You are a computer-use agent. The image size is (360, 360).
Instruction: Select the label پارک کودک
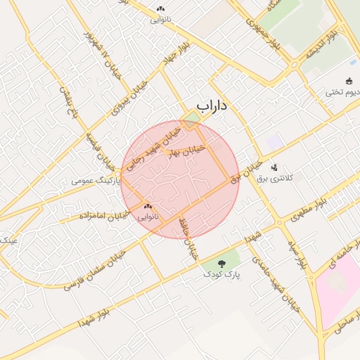(x=223, y=274)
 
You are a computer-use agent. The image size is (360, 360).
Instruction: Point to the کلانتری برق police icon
(x=274, y=167)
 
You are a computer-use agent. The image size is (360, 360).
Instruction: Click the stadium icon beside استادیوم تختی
(x=349, y=80)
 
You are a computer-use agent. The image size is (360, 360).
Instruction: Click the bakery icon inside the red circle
(x=148, y=207)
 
